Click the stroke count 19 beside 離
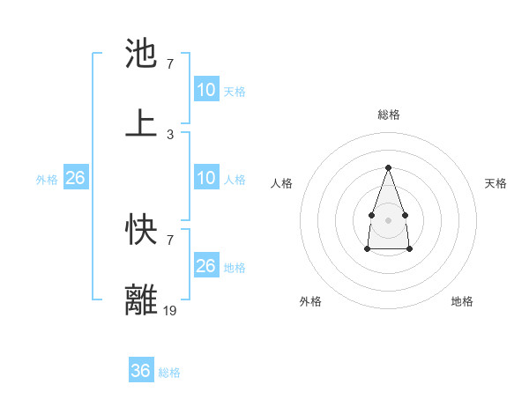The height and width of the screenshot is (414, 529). tap(171, 310)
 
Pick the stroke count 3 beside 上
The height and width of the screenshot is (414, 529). tap(170, 134)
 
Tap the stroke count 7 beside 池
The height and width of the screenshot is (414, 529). tap(170, 64)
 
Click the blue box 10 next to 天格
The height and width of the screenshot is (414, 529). tap(206, 90)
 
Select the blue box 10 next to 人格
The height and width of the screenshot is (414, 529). tap(206, 178)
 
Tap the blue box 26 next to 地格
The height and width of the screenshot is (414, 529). tap(206, 266)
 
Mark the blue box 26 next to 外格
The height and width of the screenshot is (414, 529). tap(75, 178)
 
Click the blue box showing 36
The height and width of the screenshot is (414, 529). tap(141, 371)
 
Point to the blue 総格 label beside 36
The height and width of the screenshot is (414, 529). tap(169, 373)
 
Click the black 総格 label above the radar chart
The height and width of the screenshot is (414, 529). tap(388, 115)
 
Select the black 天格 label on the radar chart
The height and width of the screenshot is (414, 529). tap(496, 183)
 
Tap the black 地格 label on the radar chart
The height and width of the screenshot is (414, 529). tap(462, 301)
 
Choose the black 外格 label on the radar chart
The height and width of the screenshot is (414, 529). tap(310, 301)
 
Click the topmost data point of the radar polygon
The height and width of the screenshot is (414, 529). tap(388, 167)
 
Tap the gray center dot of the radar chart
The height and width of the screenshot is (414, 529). tap(388, 218)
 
